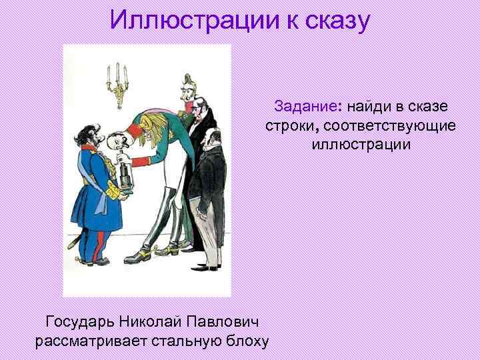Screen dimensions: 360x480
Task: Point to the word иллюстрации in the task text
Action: pos(360,144)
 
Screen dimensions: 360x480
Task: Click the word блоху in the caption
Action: pos(246,341)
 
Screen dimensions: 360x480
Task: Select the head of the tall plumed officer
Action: pos(185,98)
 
